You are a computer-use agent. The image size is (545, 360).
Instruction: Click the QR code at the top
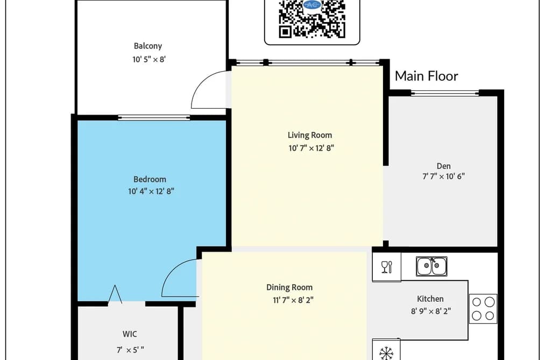312,19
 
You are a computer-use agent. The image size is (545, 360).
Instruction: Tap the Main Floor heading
427,76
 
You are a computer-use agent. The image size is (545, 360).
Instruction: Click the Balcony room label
148,46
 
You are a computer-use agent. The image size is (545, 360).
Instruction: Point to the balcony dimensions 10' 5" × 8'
149,59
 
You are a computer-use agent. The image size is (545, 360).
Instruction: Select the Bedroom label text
150,179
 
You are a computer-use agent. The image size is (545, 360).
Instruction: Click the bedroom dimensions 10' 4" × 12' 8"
151,192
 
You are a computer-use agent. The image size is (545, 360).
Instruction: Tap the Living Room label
310,135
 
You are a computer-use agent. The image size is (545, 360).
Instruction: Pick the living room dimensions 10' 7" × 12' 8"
311,149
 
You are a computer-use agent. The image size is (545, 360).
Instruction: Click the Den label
443,166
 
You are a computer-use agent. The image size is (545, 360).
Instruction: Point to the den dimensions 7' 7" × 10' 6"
443,177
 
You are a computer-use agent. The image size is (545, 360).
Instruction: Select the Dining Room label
289,287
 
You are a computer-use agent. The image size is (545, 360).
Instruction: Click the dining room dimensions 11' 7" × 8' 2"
293,300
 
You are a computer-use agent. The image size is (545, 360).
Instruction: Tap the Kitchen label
430,299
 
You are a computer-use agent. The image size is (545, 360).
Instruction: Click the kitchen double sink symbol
431,266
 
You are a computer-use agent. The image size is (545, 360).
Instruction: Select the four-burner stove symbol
483,309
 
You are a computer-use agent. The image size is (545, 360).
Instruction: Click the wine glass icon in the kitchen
386,267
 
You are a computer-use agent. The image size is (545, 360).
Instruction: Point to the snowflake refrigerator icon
386,353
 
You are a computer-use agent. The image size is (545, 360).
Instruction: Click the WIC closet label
130,334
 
